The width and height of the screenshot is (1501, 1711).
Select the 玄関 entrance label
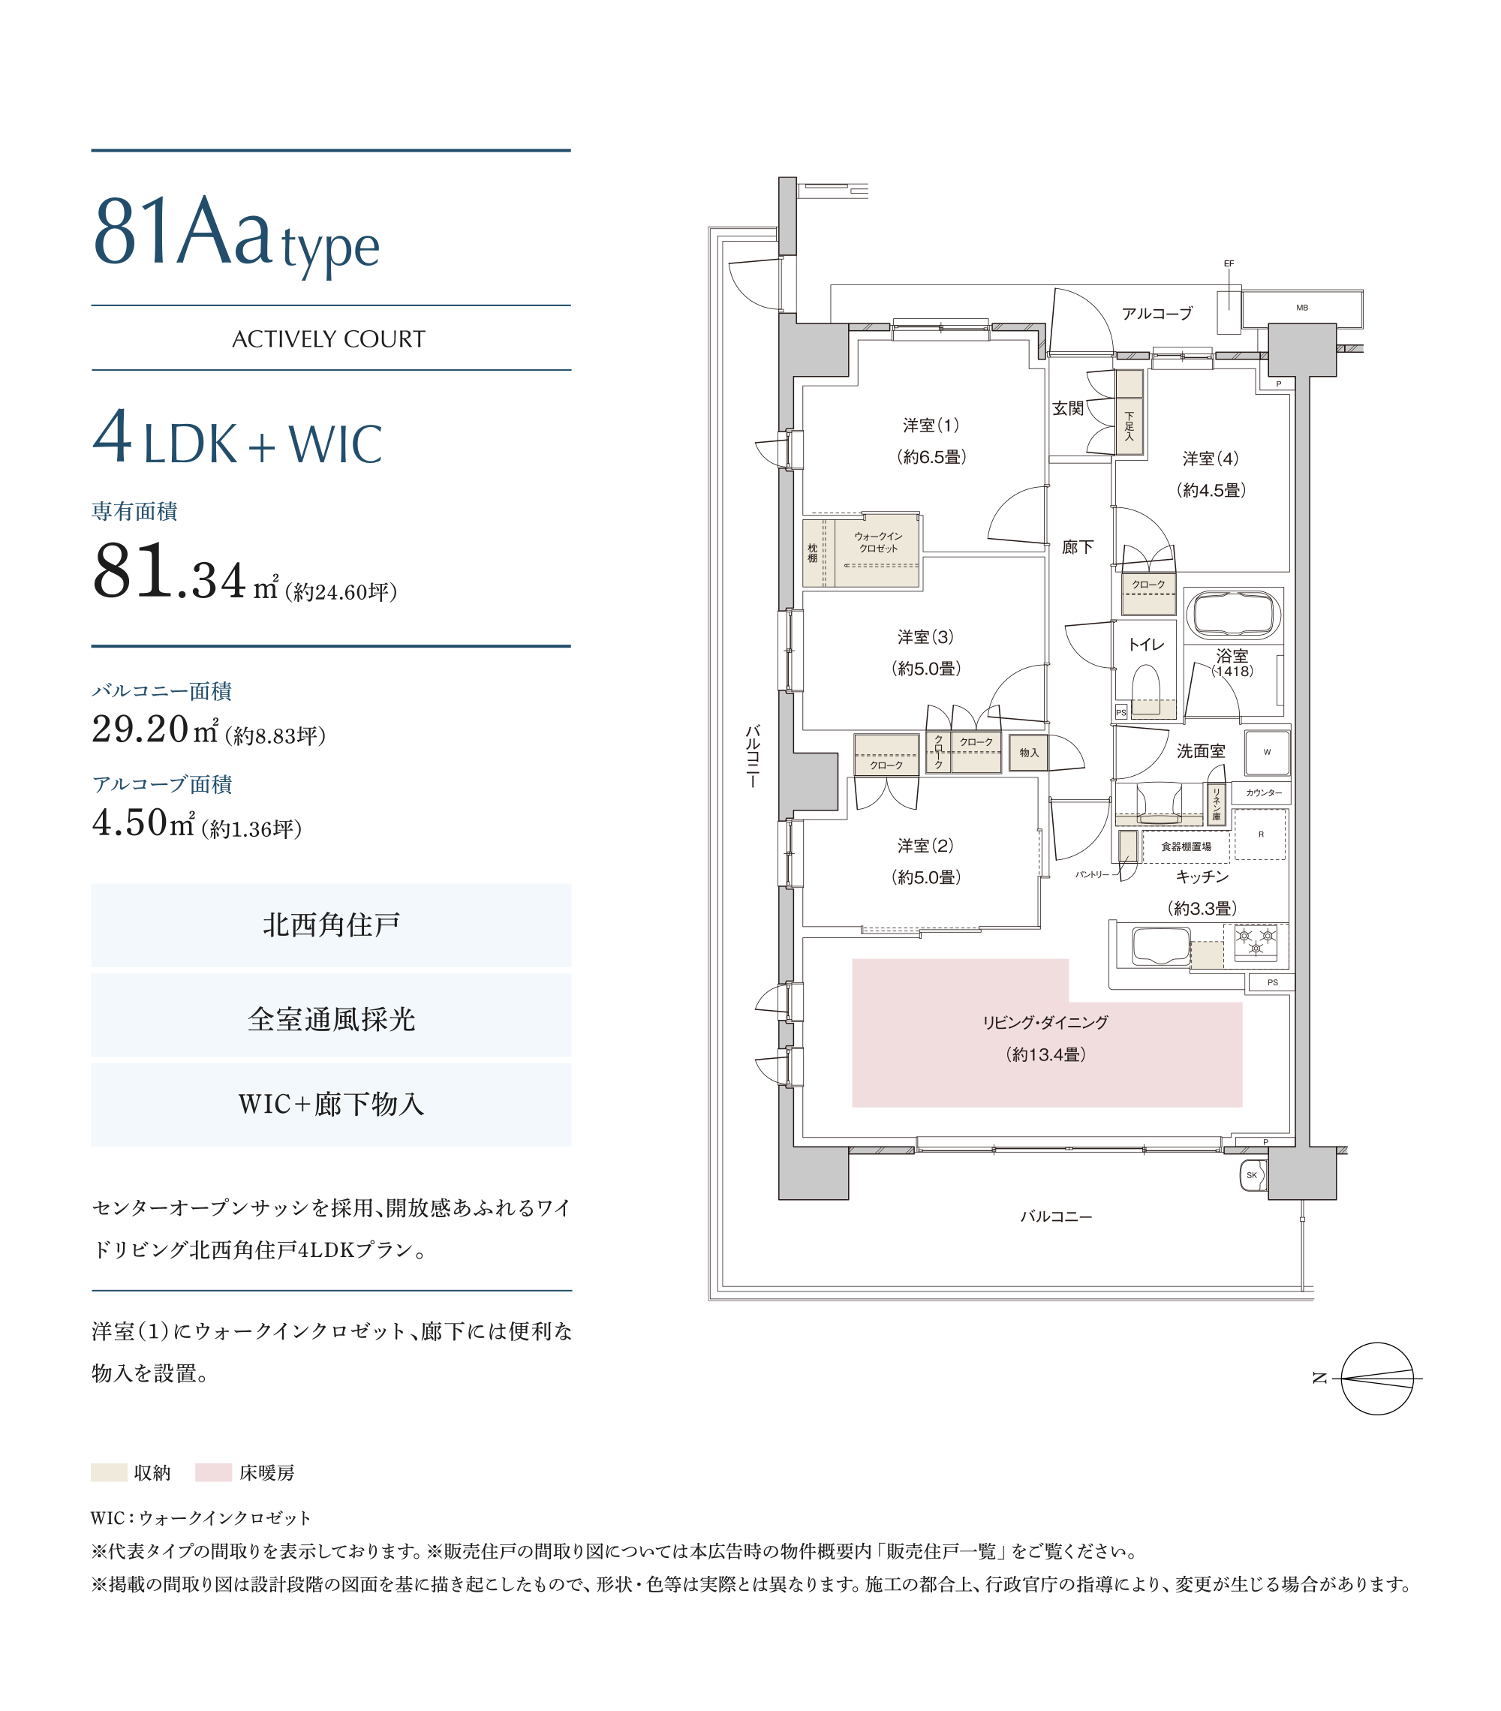click(1067, 408)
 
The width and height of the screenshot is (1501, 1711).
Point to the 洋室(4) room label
click(1210, 459)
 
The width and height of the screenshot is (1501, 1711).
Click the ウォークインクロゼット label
click(878, 543)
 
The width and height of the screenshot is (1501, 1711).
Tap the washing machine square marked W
click(1267, 752)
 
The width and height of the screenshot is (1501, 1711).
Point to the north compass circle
click(1377, 1379)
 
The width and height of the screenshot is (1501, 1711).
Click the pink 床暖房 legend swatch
click(213, 1472)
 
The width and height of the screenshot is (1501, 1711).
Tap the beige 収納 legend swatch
click(109, 1472)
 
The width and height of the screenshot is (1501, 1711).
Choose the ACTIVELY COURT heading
click(329, 339)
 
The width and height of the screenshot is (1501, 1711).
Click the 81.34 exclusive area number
click(169, 572)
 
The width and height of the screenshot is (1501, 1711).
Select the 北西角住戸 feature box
click(332, 926)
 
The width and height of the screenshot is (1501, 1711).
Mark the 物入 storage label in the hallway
click(1029, 753)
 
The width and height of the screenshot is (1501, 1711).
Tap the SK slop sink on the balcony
click(1253, 1175)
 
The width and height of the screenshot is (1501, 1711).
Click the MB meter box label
click(1302, 308)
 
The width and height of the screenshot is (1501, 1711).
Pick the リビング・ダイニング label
click(1045, 1022)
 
